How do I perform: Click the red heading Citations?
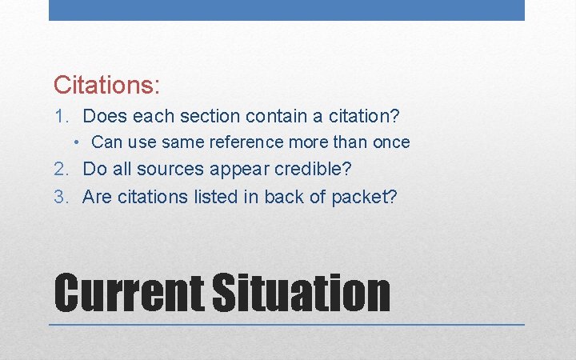pyautogui.click(x=106, y=83)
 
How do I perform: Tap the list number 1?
pyautogui.click(x=61, y=116)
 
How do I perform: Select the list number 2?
pyautogui.click(x=61, y=169)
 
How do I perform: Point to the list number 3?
pyautogui.click(x=61, y=196)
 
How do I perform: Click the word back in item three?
pyautogui.click(x=294, y=196)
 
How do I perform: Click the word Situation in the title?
pyautogui.click(x=301, y=293)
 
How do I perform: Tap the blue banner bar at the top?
pyautogui.click(x=286, y=10)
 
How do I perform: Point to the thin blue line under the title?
pyautogui.click(x=286, y=325)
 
